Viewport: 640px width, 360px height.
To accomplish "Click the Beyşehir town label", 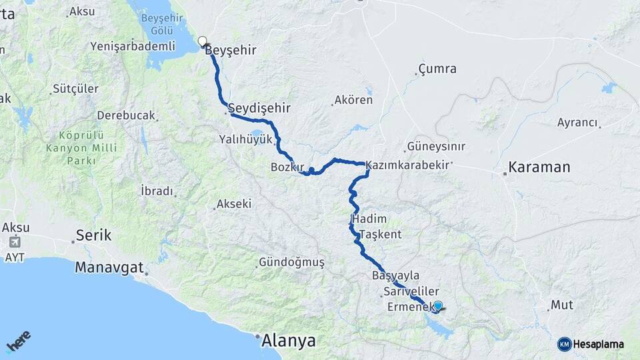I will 231,50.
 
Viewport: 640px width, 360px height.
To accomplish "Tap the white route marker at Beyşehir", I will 203,41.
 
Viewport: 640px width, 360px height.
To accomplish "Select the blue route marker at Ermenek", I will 437,306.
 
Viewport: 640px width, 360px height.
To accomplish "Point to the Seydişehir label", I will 259,107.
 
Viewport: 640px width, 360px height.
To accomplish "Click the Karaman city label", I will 539,167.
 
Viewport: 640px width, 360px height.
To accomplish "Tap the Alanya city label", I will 288,341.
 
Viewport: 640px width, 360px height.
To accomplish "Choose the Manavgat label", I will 109,267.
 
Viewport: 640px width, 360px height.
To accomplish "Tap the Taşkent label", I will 381,234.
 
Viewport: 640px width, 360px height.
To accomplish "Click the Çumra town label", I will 437,69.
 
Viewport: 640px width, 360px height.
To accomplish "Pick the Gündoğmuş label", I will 291,263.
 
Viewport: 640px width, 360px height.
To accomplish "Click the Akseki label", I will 233,204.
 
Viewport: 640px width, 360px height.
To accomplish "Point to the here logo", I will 19,343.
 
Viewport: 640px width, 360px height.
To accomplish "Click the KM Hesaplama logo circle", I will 564,344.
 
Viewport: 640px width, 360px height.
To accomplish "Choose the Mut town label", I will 562,305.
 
